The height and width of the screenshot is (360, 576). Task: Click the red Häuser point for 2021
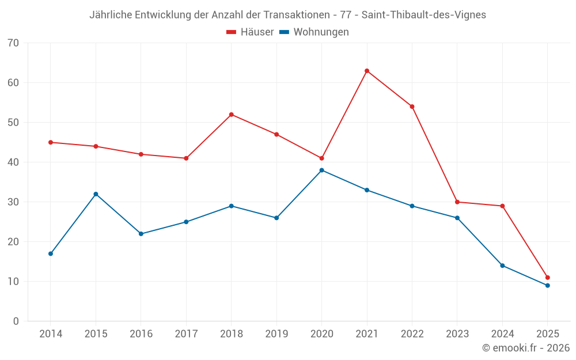pyautogui.click(x=367, y=71)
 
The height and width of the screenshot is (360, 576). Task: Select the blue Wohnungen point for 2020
pyautogui.click(x=321, y=170)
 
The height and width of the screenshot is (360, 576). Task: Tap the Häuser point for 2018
pyautogui.click(x=232, y=115)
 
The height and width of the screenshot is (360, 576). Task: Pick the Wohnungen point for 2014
pyautogui.click(x=51, y=253)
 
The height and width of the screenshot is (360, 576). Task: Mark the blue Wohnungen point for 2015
pyautogui.click(x=96, y=194)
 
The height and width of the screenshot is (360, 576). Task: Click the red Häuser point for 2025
pyautogui.click(x=547, y=278)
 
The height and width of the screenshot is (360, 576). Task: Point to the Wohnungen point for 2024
pyautogui.click(x=502, y=266)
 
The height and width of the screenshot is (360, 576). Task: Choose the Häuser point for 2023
pyautogui.click(x=457, y=202)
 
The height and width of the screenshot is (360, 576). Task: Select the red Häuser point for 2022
pyautogui.click(x=412, y=107)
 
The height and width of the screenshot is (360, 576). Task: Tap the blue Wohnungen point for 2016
pyautogui.click(x=141, y=234)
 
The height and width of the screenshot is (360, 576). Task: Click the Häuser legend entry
pyautogui.click(x=250, y=32)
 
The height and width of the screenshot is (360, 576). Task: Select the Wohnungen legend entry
pyautogui.click(x=314, y=32)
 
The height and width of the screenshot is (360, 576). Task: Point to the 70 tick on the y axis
pyautogui.click(x=13, y=43)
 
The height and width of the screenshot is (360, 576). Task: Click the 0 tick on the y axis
pyautogui.click(x=16, y=321)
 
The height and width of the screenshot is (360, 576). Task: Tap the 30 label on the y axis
pyautogui.click(x=13, y=202)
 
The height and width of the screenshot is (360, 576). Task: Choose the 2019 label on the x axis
pyautogui.click(x=276, y=334)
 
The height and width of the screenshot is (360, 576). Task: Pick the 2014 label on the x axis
pyautogui.click(x=51, y=334)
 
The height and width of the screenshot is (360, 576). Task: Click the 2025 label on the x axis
pyautogui.click(x=547, y=334)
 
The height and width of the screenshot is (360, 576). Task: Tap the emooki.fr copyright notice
pyautogui.click(x=526, y=348)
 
